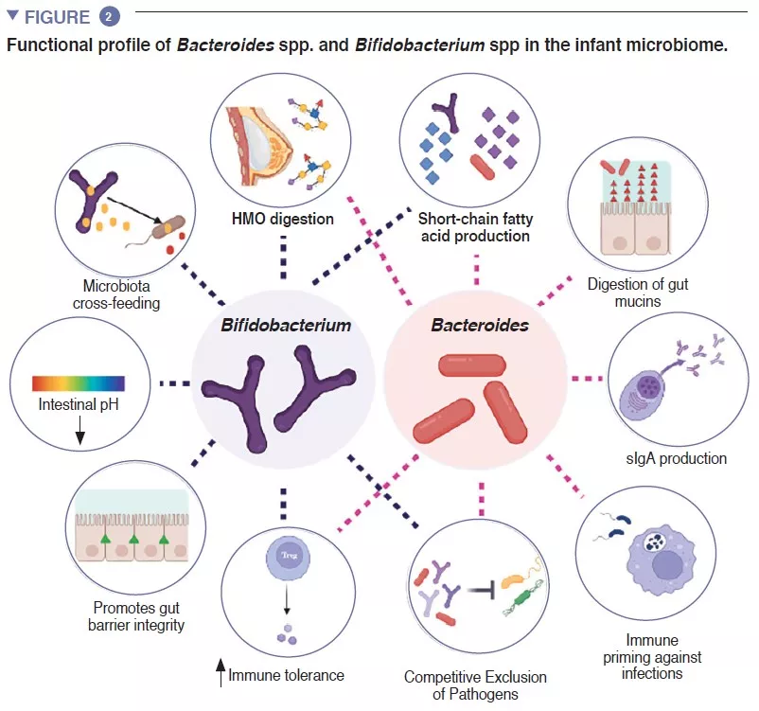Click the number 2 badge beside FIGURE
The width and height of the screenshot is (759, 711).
click(109, 16)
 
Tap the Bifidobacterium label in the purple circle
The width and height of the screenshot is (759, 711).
click(286, 325)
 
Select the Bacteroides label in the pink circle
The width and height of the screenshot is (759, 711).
click(480, 325)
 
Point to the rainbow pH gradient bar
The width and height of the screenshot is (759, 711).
click(79, 382)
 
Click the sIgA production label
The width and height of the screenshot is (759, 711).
click(678, 458)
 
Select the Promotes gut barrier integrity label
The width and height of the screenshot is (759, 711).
click(138, 616)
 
